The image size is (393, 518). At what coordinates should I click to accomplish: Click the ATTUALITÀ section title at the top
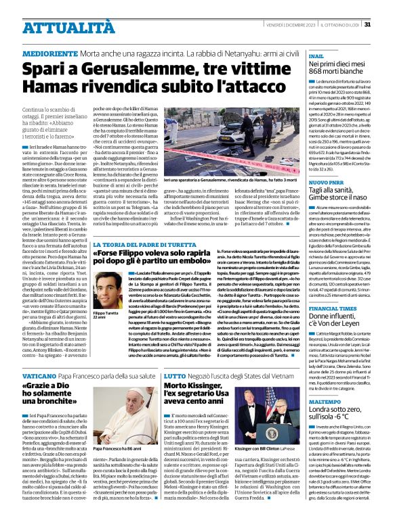pos(60,28)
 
